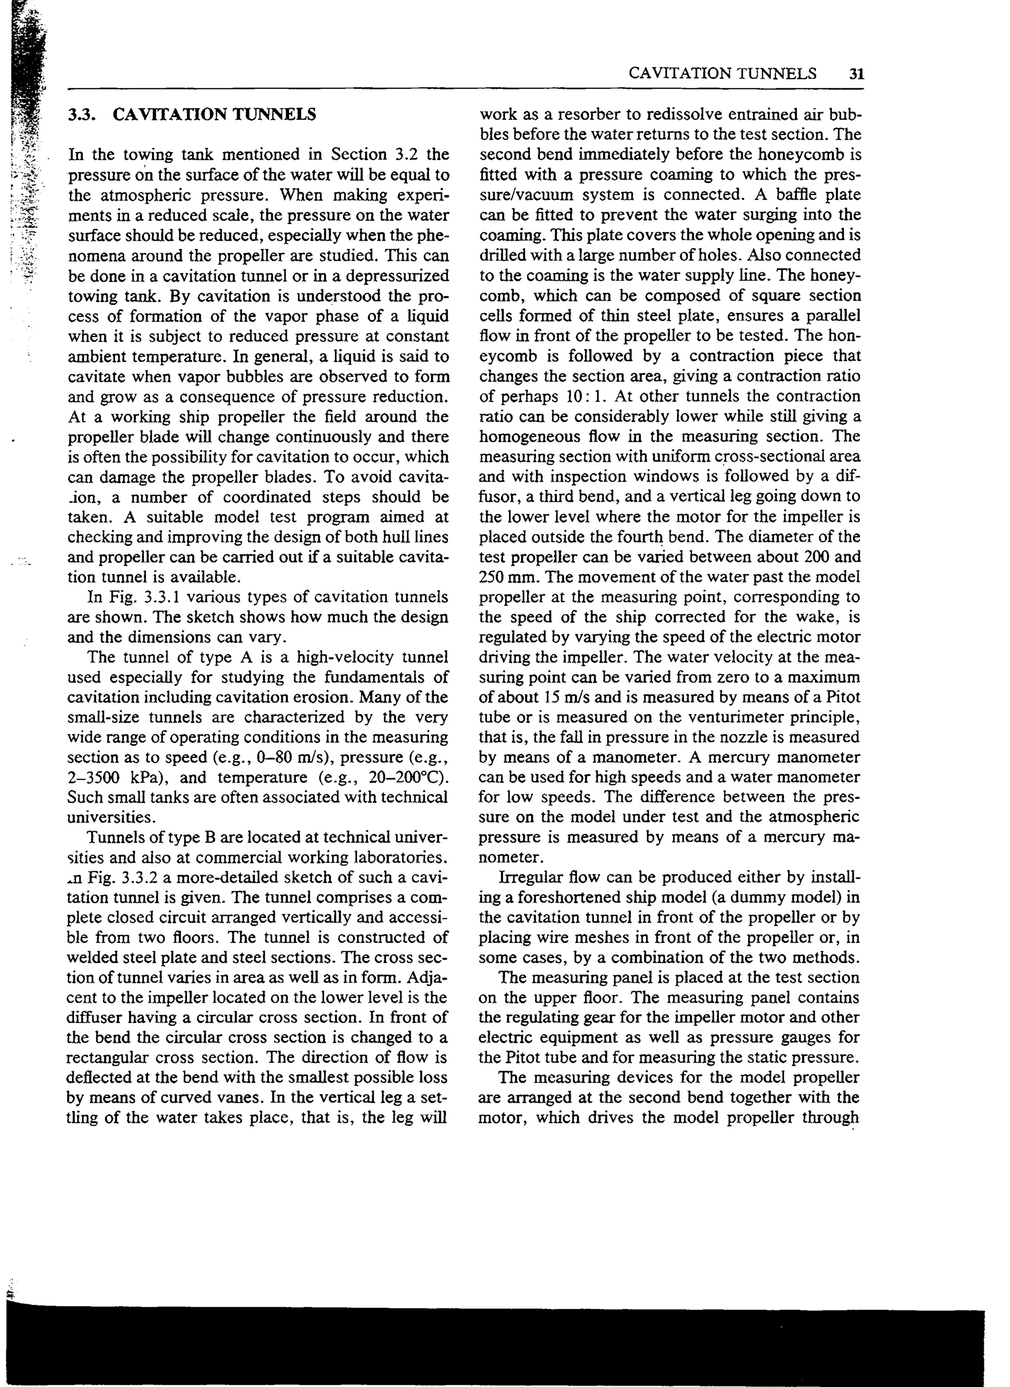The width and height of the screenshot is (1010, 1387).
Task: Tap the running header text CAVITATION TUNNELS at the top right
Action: [722, 74]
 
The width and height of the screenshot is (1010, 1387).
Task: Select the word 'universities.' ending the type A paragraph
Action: [110, 817]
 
